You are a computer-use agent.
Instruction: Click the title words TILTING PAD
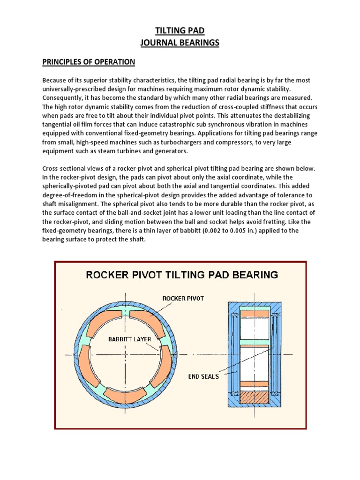tap(180, 31)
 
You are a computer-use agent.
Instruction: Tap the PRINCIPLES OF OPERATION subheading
tap(89, 62)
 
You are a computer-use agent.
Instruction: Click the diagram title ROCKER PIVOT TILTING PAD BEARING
tap(181, 274)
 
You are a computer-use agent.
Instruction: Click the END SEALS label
tap(203, 376)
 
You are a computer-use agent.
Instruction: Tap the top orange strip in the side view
tap(254, 313)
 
